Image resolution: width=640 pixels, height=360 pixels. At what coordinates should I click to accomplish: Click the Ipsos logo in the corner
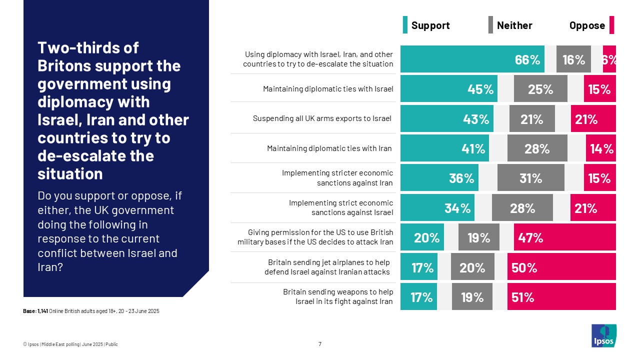[603, 335]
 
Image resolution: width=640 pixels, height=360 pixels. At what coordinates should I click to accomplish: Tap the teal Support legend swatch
[405, 25]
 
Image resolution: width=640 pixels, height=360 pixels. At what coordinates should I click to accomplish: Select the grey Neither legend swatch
[490, 25]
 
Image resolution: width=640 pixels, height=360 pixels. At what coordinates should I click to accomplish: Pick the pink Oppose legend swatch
[611, 25]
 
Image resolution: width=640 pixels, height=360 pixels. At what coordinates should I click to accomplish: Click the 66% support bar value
[527, 59]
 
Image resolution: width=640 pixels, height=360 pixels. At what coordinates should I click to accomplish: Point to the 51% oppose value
[523, 297]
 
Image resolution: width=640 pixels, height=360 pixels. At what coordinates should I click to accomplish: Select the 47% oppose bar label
[530, 237]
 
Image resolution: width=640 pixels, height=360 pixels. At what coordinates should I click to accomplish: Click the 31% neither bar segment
[530, 178]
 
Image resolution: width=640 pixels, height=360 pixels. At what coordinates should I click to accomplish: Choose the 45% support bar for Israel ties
[448, 89]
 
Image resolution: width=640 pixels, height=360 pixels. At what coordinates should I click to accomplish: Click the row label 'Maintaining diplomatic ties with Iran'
[329, 148]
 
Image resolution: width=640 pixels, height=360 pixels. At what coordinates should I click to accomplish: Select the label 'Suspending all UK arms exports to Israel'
[322, 118]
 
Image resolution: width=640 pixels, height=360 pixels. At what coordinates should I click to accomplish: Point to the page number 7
[320, 344]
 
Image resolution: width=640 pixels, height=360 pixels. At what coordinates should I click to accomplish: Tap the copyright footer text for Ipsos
[70, 344]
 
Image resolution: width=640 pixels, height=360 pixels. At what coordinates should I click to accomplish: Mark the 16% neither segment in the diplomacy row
[573, 59]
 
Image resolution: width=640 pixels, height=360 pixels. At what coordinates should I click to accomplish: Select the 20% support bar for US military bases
[422, 237]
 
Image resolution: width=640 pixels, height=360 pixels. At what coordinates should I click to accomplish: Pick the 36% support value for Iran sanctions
[461, 178]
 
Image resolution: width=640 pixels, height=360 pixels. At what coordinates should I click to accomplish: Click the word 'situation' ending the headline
[70, 173]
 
